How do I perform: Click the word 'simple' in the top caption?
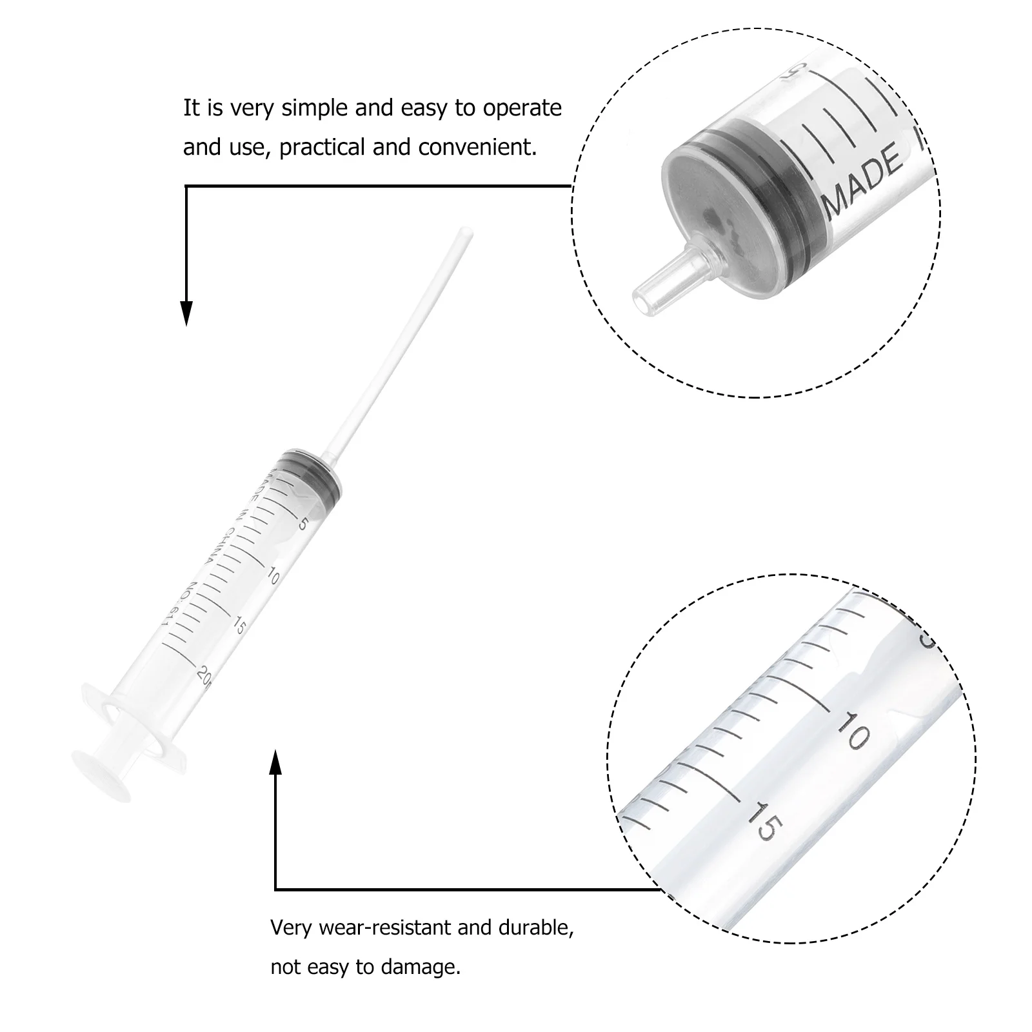[314, 108]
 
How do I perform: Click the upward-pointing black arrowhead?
[275, 762]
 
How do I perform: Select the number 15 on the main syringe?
[239, 625]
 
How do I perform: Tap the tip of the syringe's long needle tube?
[465, 232]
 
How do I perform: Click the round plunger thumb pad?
[103, 777]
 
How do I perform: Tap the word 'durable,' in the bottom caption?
[535, 928]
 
